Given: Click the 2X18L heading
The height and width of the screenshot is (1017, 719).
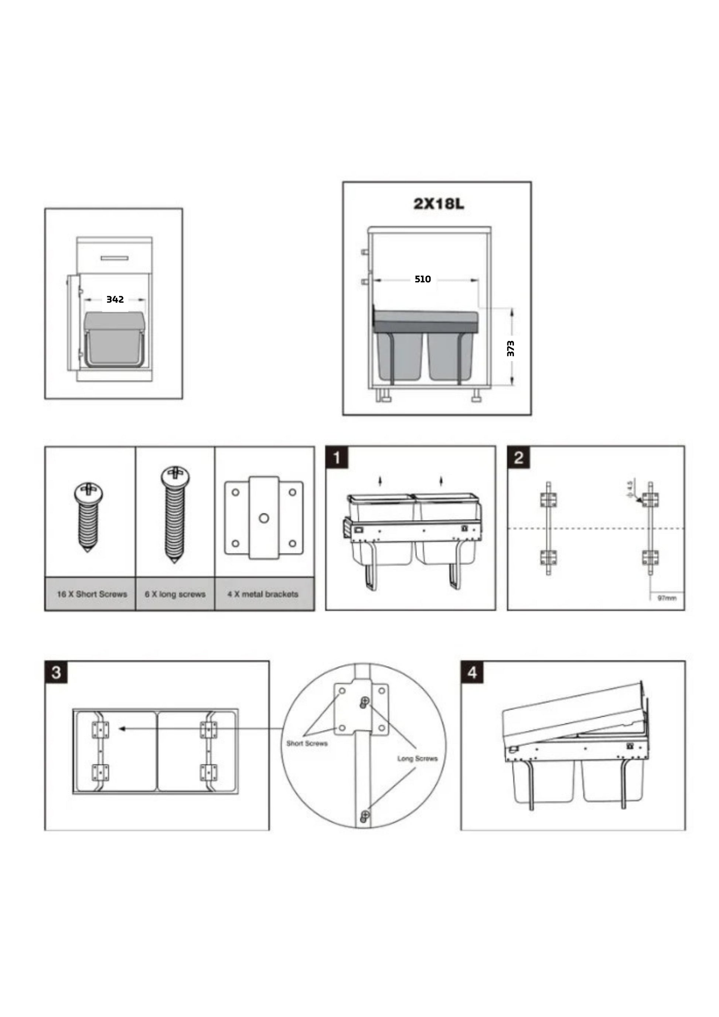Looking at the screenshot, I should (x=438, y=204).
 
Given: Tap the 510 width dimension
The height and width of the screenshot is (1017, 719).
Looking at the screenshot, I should (x=422, y=279).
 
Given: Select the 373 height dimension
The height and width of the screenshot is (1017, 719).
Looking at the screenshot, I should (x=511, y=348).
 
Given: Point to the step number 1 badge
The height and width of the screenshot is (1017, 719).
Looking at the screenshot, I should (x=337, y=458).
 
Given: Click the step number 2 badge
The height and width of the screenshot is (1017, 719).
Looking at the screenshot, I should (x=518, y=458).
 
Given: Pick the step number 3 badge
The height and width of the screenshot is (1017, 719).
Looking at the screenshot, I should (x=56, y=672).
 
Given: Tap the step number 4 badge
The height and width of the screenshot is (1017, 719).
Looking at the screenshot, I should (x=472, y=672).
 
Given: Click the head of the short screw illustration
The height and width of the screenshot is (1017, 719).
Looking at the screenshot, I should (x=89, y=491).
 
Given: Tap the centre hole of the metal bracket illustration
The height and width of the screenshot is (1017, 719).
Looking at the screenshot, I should (x=264, y=518).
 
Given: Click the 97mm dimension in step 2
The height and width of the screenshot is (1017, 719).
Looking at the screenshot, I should (x=667, y=598).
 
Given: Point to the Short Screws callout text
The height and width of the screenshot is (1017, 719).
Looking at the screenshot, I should (x=307, y=743).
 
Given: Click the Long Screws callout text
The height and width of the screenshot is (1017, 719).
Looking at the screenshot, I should (x=417, y=758).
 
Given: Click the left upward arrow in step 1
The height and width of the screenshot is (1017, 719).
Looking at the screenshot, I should (x=380, y=480).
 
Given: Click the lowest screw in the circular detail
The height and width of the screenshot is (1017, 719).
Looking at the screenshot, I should (x=364, y=814).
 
